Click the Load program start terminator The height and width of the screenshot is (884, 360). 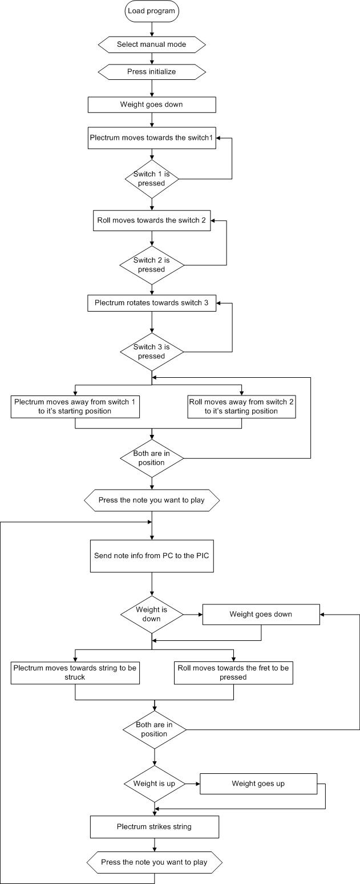[152, 11]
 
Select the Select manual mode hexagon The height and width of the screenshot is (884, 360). [152, 44]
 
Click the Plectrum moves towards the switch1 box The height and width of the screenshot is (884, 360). [152, 138]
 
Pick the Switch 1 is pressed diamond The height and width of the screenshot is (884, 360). [152, 179]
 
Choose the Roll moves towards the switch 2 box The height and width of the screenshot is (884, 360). [152, 220]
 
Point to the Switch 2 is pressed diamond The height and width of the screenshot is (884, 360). [152, 265]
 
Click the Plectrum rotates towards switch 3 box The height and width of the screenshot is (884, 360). [152, 303]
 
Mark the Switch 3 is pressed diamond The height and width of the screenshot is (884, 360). [152, 352]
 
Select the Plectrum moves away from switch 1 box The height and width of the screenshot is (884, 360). [75, 406]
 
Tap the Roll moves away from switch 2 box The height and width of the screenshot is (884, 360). [241, 406]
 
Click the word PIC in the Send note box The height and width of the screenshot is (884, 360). [202, 556]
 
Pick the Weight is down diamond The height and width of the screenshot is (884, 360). [152, 615]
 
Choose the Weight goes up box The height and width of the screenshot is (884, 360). [258, 784]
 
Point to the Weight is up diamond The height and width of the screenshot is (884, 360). [154, 784]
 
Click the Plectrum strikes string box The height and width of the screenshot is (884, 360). [155, 827]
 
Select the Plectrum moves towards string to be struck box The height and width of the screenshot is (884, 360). [75, 672]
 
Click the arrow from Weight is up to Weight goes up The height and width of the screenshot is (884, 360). [192, 784]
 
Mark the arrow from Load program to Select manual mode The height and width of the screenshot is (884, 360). [152, 29]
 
